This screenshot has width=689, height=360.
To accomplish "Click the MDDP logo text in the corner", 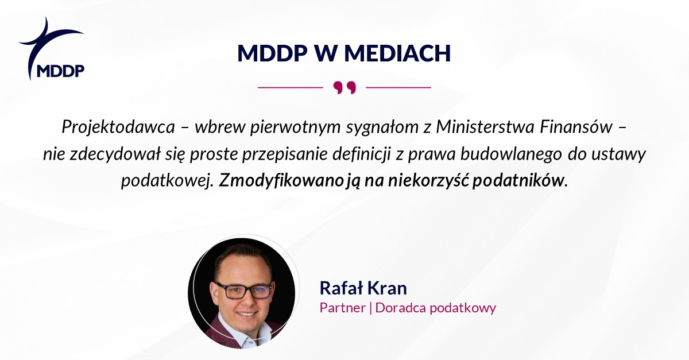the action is coord(61,71).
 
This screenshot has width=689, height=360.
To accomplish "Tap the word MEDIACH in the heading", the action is coord(397,53).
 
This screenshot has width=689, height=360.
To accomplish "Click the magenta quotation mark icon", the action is coord(344,88).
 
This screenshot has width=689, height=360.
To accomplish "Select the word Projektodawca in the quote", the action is coord(118,127).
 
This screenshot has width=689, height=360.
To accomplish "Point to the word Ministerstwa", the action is coord(485,126).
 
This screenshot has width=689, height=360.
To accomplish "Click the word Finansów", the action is coord(576,126).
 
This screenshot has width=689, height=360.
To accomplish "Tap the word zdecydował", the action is coord(115,154).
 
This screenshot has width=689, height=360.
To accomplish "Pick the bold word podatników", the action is coord(518,181).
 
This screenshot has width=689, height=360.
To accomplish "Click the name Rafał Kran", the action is coord(363,288).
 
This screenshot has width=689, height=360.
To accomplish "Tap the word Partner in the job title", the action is coord(342,308).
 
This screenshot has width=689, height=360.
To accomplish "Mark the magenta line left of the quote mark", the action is coord(291,88).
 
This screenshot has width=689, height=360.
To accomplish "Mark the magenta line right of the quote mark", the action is coord(398,88).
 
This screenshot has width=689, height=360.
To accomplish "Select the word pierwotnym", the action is coord(295,127).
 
